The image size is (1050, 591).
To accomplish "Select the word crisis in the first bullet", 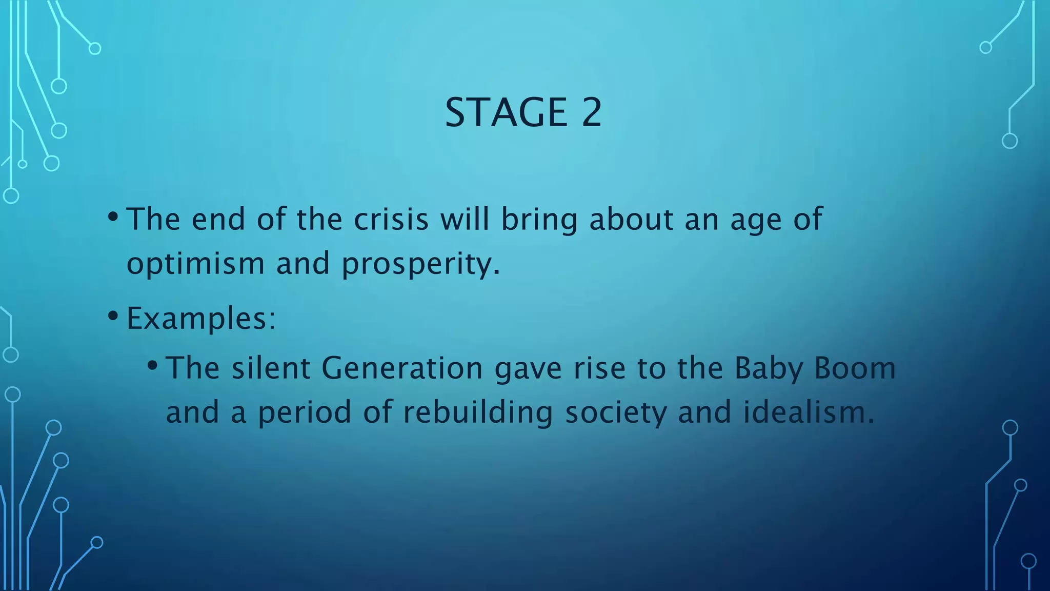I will (391, 220).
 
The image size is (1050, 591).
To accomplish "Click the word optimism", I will (195, 264).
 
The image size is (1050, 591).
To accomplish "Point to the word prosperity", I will (420, 265).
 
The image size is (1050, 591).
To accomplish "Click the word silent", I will (271, 368).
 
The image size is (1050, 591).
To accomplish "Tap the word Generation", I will (402, 368).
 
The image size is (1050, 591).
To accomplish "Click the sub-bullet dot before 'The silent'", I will (152, 365).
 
